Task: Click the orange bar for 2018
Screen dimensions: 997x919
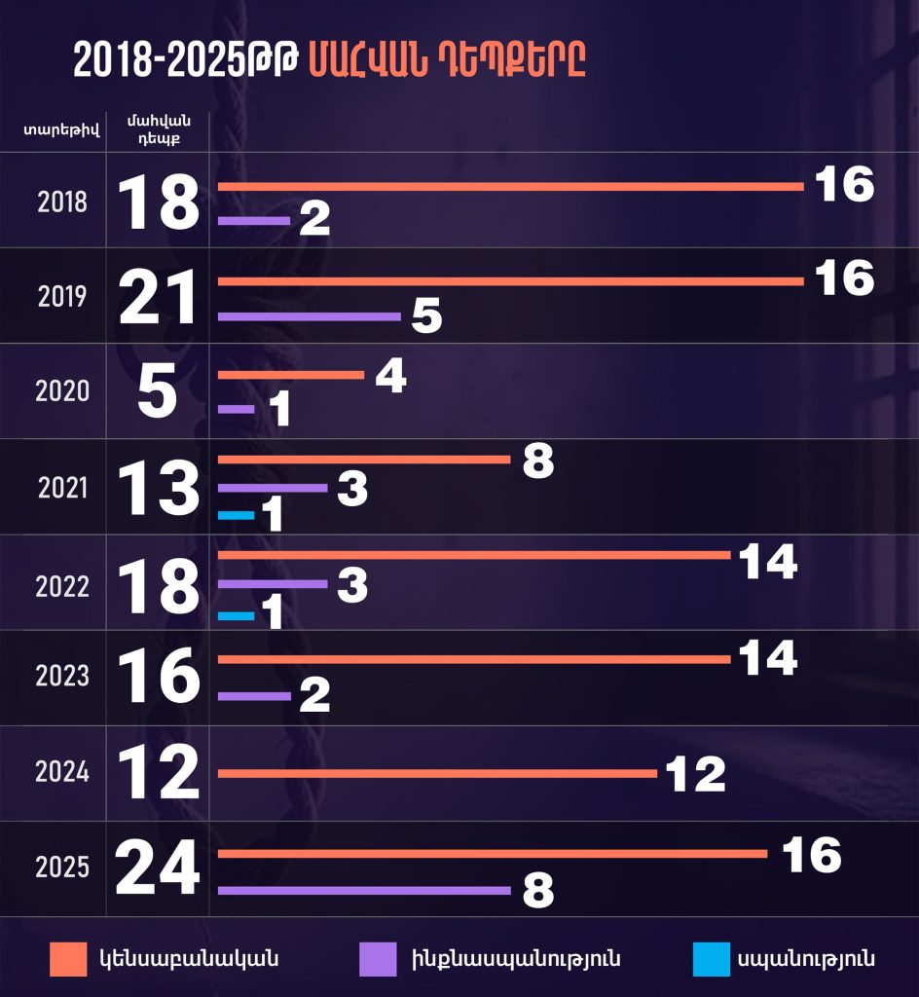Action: (510, 186)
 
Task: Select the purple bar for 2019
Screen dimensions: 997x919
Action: (309, 316)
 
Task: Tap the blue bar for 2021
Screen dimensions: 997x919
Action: (236, 515)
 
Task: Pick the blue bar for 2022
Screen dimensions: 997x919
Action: (236, 615)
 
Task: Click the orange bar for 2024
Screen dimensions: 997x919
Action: (437, 774)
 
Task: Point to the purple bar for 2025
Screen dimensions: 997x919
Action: (364, 890)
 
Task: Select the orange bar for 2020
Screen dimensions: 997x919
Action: (291, 375)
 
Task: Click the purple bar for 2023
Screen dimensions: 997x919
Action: (254, 696)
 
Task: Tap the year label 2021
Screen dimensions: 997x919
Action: (62, 487)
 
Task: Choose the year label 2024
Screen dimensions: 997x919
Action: (62, 772)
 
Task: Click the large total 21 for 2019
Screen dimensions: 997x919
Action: (159, 297)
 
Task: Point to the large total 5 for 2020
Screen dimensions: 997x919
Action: (158, 391)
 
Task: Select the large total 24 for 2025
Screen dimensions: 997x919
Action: (158, 869)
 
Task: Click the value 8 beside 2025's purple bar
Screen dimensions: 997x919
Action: (538, 891)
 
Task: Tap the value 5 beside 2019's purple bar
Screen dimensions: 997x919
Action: (427, 317)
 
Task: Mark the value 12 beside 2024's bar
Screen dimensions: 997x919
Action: (696, 775)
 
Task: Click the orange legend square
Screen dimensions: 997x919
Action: (69, 959)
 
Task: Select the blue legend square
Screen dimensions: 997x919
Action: (712, 959)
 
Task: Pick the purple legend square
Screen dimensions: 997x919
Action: (378, 959)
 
